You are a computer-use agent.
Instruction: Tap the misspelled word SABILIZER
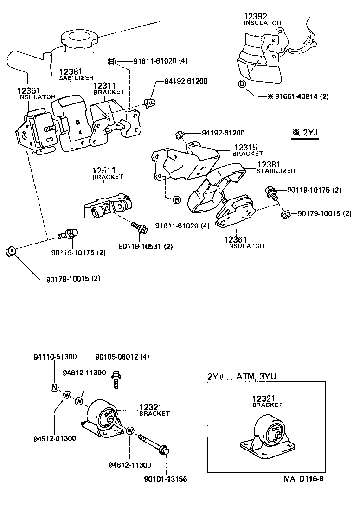76,77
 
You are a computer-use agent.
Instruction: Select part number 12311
104,86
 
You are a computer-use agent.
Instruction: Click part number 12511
104,171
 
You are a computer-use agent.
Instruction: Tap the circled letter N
54,388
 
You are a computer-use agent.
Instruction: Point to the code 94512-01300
55,437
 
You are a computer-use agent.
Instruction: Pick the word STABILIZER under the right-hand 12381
276,171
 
